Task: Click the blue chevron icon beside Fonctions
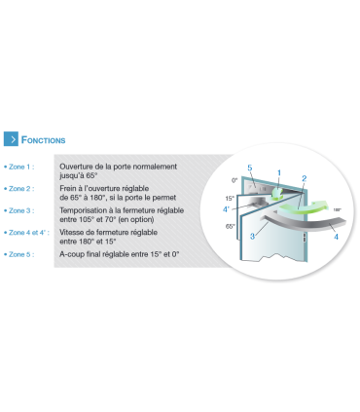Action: pos(11,139)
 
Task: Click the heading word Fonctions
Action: pos(43,140)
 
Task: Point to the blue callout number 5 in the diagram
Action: pos(250,168)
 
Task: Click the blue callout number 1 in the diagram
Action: pos(279,173)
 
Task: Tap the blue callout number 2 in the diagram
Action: pos(305,178)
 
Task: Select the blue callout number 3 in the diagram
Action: pos(253,237)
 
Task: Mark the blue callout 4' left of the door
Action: pos(226,209)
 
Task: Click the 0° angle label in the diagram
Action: pos(234,180)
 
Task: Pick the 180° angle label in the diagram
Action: pos(338,210)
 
